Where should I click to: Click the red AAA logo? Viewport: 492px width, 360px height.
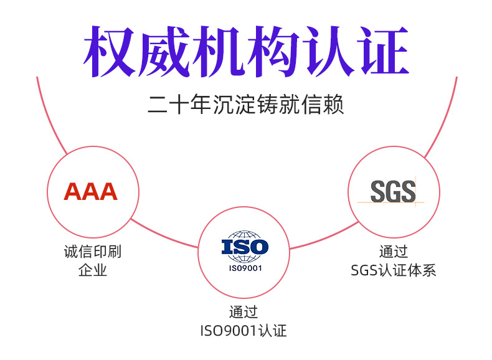coord(91,192)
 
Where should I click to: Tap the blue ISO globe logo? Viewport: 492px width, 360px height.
coord(245,246)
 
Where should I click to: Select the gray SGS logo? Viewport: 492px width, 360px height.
coord(393,191)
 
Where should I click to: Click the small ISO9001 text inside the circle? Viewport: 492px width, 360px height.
coord(245,268)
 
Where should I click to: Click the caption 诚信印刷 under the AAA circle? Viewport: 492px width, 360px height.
coord(93,252)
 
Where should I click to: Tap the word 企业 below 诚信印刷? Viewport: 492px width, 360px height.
coord(93,270)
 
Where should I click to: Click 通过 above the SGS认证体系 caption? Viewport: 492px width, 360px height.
coord(394,252)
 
